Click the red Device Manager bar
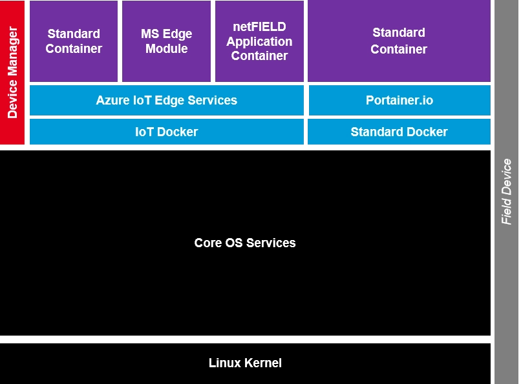(x=12, y=72)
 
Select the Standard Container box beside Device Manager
(x=74, y=41)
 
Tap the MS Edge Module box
(x=166, y=41)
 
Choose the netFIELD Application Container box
(x=259, y=41)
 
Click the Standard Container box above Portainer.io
(x=399, y=41)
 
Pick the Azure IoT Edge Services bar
(x=166, y=100)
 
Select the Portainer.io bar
(x=399, y=100)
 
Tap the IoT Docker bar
(x=166, y=132)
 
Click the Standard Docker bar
(x=399, y=132)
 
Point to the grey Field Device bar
(x=507, y=192)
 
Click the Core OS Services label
(x=245, y=243)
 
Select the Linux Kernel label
(x=245, y=363)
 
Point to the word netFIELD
(x=259, y=27)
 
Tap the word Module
(x=166, y=49)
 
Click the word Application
(x=259, y=41)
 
